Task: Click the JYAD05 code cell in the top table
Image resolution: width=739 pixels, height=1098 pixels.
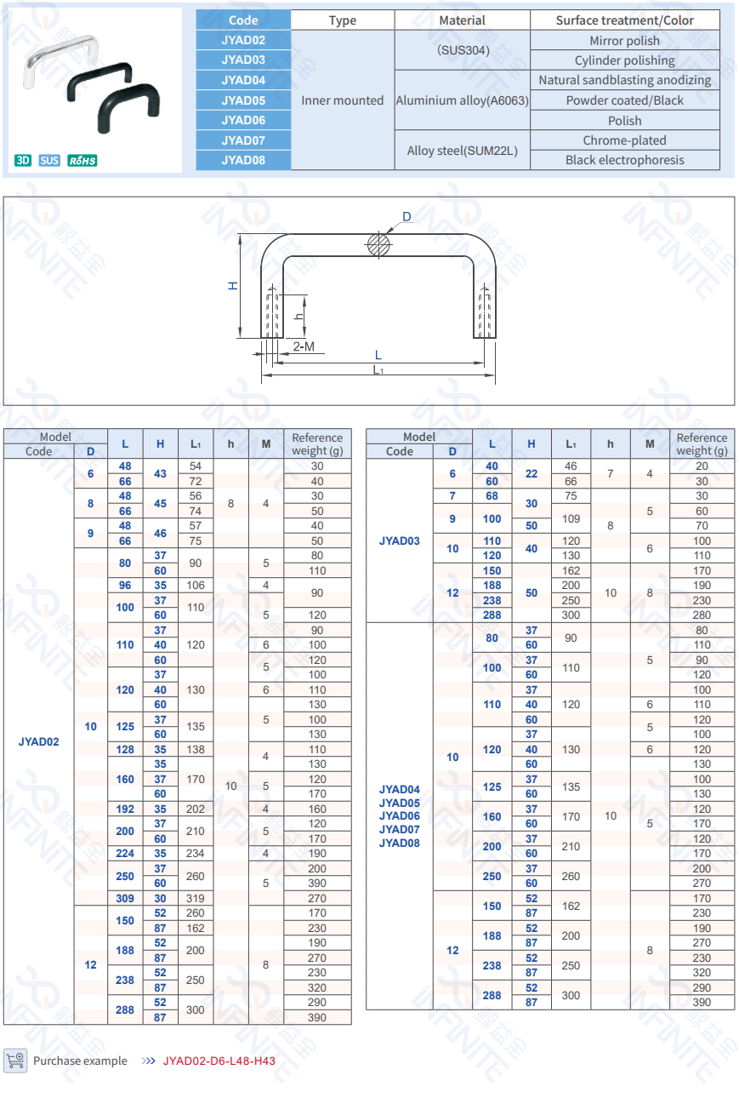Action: click(243, 100)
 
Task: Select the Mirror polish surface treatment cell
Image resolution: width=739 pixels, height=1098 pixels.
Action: click(624, 41)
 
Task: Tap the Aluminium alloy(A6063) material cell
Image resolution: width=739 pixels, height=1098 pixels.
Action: click(462, 100)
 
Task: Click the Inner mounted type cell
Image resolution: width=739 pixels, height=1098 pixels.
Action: click(343, 100)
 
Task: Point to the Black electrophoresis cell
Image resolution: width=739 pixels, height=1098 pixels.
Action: click(624, 160)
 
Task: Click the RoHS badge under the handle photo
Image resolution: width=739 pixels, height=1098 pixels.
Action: click(82, 160)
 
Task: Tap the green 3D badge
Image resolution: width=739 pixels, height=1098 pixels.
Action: click(23, 160)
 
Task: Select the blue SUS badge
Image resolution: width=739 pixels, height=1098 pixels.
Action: click(50, 160)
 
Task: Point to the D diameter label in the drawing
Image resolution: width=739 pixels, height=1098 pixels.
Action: click(406, 218)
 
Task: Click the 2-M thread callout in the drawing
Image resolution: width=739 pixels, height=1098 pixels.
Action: click(304, 346)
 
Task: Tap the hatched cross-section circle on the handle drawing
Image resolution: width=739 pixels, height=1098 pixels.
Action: click(378, 245)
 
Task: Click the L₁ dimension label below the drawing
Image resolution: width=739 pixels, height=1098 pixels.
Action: click(378, 370)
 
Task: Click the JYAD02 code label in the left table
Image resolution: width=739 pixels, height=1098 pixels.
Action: click(39, 741)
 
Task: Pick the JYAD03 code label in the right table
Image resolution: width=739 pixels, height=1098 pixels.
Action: click(399, 540)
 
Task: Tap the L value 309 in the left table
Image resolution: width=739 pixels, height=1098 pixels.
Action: click(125, 898)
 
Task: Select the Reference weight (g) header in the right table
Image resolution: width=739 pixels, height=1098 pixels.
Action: click(702, 444)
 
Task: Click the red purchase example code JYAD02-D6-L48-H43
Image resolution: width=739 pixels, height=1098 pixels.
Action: click(219, 1061)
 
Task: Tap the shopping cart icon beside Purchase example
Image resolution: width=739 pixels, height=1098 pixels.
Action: click(15, 1060)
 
